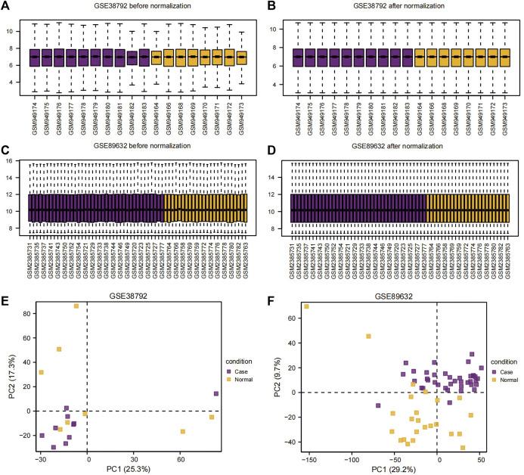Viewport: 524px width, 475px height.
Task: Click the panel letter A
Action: (x=6, y=7)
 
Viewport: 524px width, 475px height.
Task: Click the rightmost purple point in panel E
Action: (x=216, y=393)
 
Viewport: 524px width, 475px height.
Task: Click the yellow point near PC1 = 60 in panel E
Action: (x=183, y=431)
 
